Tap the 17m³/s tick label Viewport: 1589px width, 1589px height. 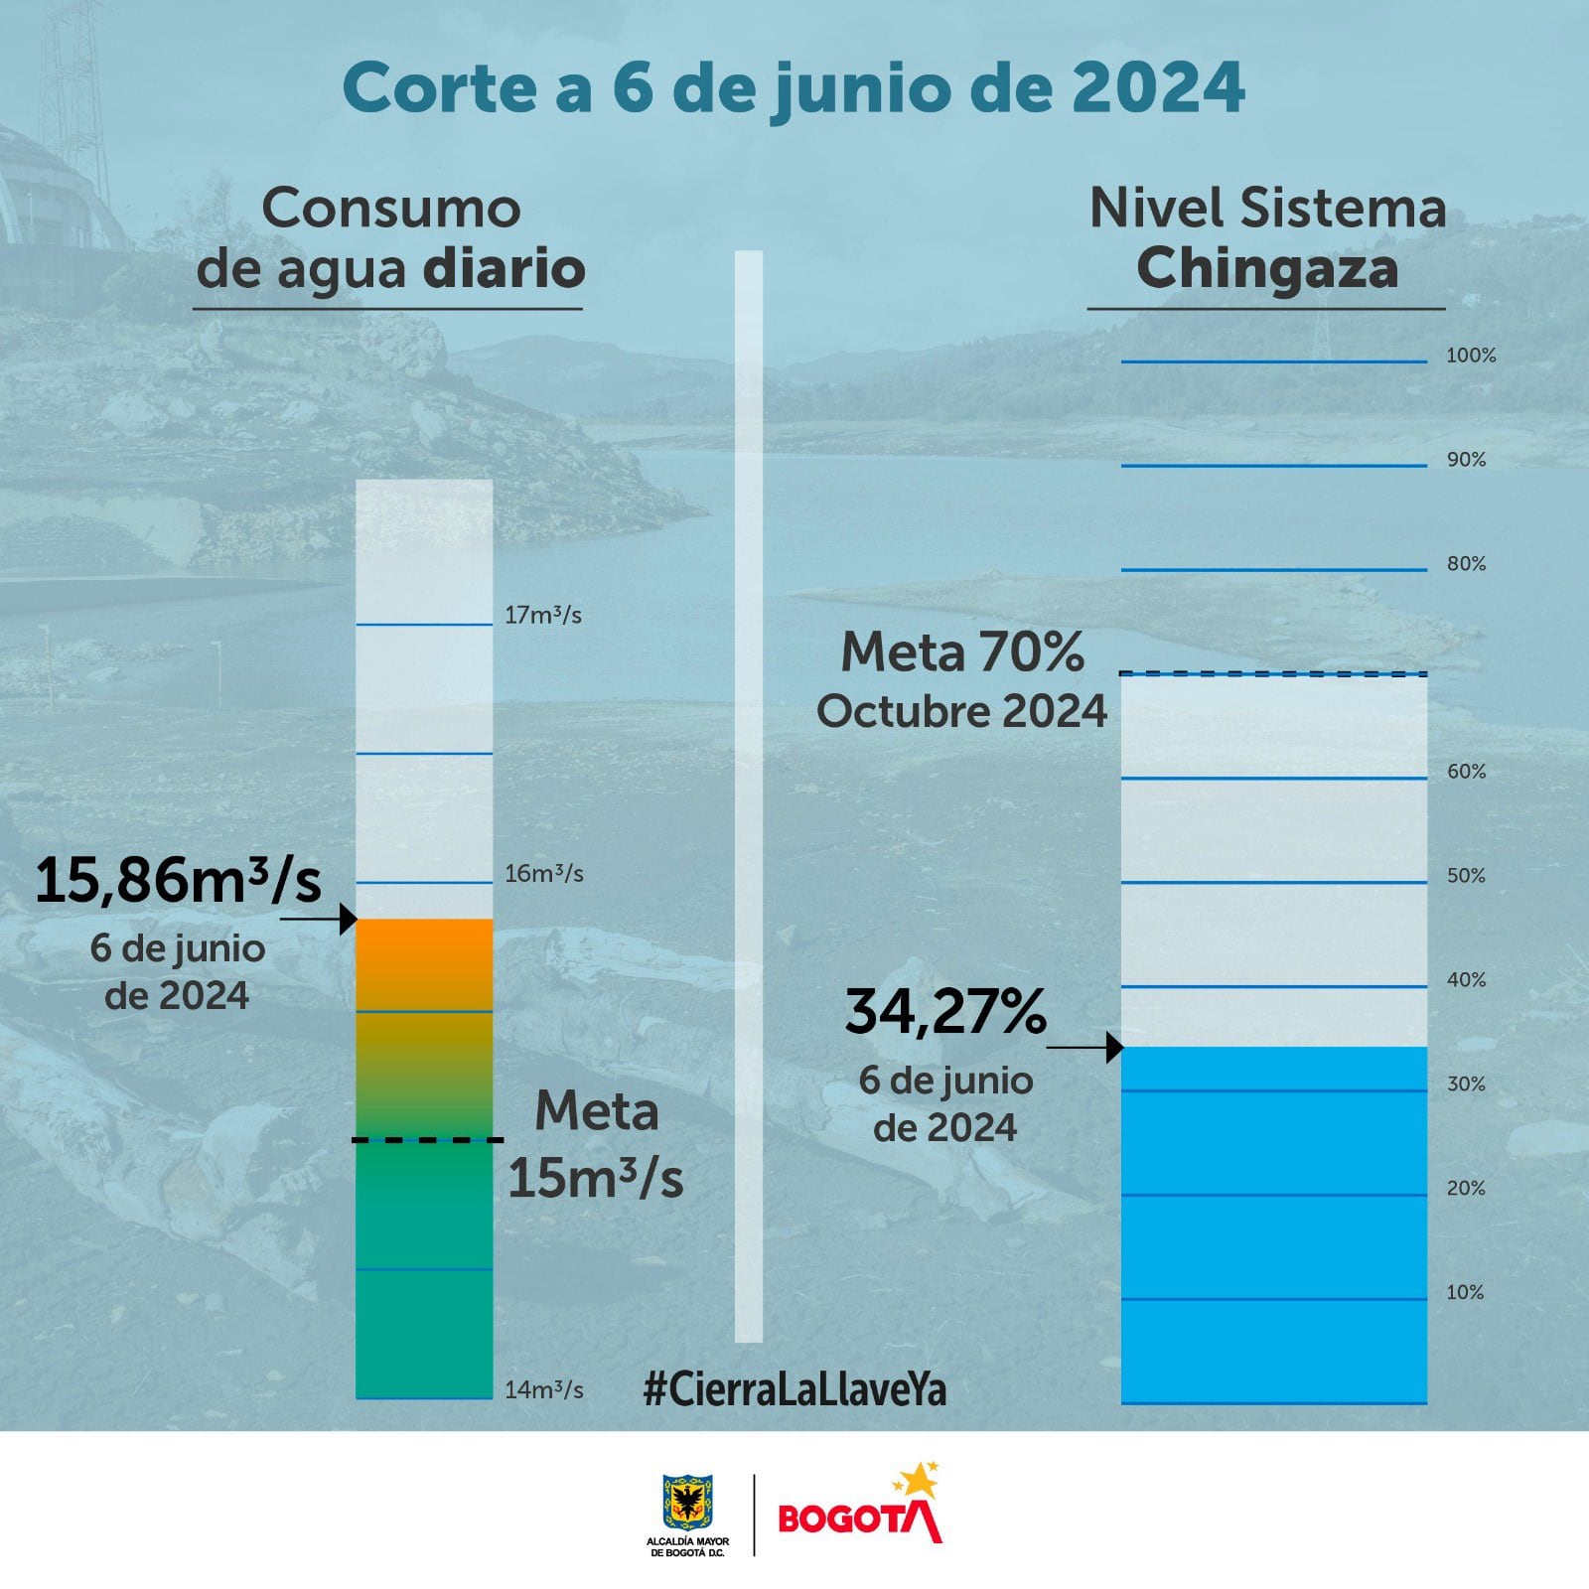[542, 616]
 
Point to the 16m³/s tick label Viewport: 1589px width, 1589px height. [543, 875]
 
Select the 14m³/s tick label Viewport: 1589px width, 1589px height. [543, 1390]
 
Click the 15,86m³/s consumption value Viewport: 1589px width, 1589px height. [179, 881]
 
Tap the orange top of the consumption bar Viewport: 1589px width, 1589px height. [424, 953]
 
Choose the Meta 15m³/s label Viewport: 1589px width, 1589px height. [596, 1144]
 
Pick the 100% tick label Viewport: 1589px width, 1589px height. [1471, 356]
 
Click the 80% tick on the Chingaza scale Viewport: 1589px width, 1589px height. [1466, 564]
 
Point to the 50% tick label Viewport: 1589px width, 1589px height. [1466, 876]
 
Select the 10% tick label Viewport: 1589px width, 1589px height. [1465, 1293]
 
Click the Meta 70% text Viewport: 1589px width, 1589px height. [962, 653]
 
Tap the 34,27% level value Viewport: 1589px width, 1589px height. [945, 1012]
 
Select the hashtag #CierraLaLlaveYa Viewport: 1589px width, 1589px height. [794, 1388]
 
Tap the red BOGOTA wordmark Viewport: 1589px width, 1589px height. [860, 1519]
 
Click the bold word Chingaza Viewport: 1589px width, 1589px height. [1267, 269]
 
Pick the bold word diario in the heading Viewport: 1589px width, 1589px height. [505, 269]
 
